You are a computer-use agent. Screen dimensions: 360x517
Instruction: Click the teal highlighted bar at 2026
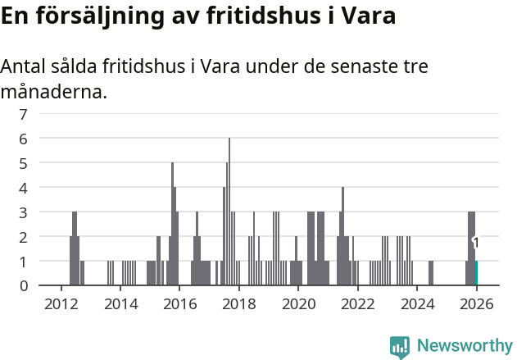tap(476, 273)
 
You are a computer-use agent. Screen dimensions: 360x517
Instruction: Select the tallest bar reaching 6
tap(229, 212)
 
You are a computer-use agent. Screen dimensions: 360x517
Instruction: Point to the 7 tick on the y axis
tap(24, 114)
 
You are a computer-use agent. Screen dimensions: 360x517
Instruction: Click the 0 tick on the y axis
tap(24, 285)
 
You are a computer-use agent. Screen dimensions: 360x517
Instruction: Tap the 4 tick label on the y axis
tap(24, 188)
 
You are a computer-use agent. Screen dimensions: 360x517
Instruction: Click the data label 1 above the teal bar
tap(476, 243)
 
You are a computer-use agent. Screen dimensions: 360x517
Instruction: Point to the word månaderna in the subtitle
tap(53, 91)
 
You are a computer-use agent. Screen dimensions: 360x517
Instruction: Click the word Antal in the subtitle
tap(25, 66)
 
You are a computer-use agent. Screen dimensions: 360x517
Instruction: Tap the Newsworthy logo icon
tap(400, 347)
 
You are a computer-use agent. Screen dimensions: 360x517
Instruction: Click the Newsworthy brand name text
tap(465, 346)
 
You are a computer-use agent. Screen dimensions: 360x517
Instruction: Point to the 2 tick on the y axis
tap(24, 236)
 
